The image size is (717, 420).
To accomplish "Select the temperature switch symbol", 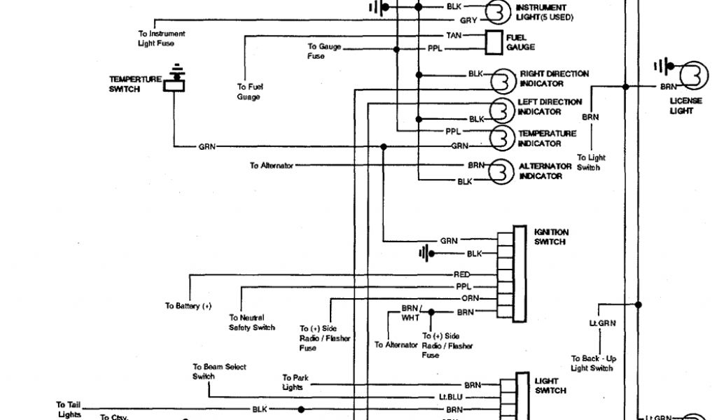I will [x=174, y=83].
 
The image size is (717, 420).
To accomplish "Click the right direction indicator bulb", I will [x=503, y=80].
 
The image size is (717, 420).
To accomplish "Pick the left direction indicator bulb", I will [x=501, y=109].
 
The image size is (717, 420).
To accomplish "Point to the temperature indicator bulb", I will [x=501, y=138].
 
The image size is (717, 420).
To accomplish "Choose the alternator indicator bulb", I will [x=500, y=171].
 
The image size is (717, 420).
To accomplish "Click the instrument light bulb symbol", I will [x=498, y=13].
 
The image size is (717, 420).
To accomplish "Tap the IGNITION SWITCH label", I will [x=551, y=237].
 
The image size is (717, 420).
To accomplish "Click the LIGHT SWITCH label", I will [x=550, y=386].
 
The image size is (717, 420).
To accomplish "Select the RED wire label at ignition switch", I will [x=462, y=275].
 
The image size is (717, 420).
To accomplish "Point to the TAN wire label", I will [x=454, y=35].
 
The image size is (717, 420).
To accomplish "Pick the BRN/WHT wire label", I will [x=410, y=313].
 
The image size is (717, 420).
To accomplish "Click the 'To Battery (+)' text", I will [x=188, y=306].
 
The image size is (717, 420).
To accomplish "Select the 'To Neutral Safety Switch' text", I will [x=251, y=322].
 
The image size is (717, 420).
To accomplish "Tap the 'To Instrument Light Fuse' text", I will [x=161, y=38].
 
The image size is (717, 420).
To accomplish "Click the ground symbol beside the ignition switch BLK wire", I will [x=424, y=253].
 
